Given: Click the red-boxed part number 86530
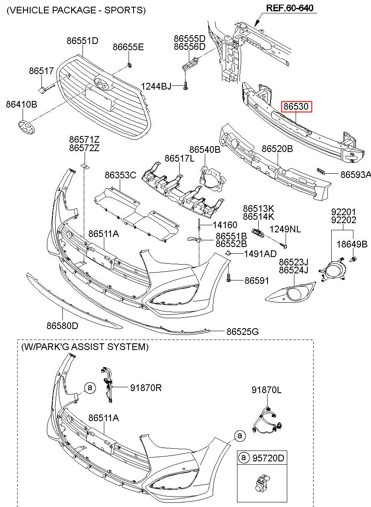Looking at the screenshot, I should [x=296, y=107].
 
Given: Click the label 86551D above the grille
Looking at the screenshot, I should [x=82, y=41].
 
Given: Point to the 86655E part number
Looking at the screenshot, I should [x=128, y=47].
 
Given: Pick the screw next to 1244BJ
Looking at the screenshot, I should [x=185, y=86].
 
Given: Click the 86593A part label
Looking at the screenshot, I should [x=356, y=175].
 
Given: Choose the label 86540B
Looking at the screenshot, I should [x=204, y=149].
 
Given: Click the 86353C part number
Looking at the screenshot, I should [x=120, y=175].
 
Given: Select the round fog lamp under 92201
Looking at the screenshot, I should [x=334, y=270].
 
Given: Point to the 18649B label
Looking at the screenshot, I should [x=352, y=244].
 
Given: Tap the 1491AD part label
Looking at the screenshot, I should [x=260, y=254].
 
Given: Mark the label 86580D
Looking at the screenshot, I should [x=62, y=325].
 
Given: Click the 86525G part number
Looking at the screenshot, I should [x=242, y=332].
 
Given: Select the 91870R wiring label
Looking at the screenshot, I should [x=145, y=388].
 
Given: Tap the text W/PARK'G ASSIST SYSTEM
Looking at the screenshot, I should [x=85, y=347].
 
